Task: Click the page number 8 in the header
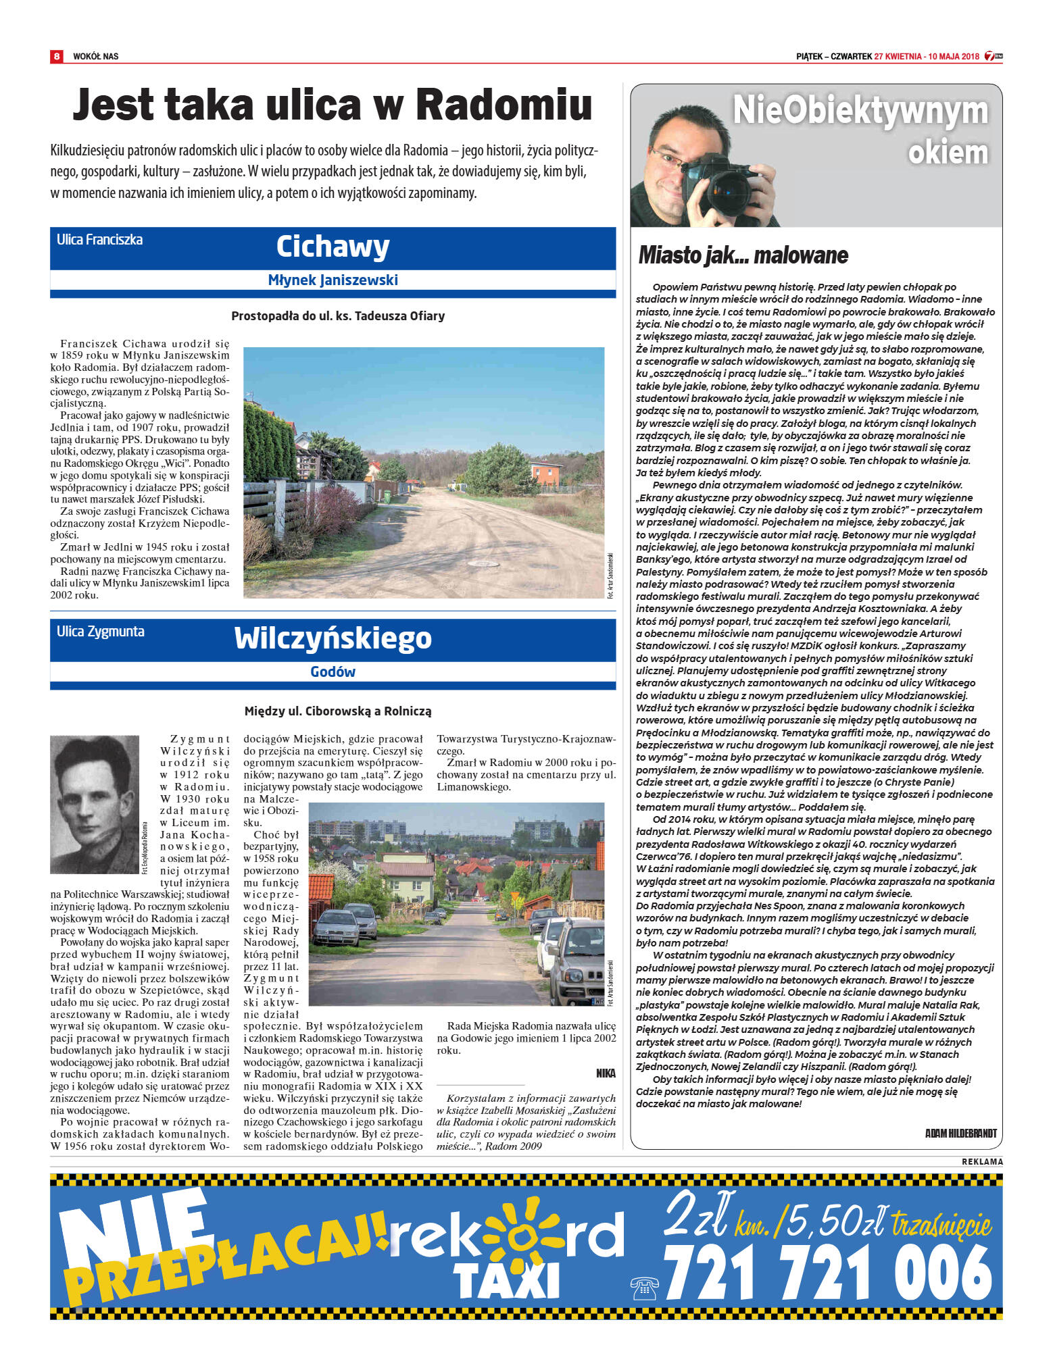57,56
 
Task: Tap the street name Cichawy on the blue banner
333,247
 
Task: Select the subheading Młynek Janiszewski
333,280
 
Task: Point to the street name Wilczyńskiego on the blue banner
333,638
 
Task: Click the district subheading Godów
333,671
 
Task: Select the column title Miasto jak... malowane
743,255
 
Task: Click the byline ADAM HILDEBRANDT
960,1133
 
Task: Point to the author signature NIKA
606,1073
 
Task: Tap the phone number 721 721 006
827,1272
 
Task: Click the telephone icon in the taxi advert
643,1288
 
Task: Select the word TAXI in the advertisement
506,1279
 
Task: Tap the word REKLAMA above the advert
982,1161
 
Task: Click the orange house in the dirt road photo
545,474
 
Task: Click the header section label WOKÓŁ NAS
95,56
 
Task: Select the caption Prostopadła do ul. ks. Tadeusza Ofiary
338,316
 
